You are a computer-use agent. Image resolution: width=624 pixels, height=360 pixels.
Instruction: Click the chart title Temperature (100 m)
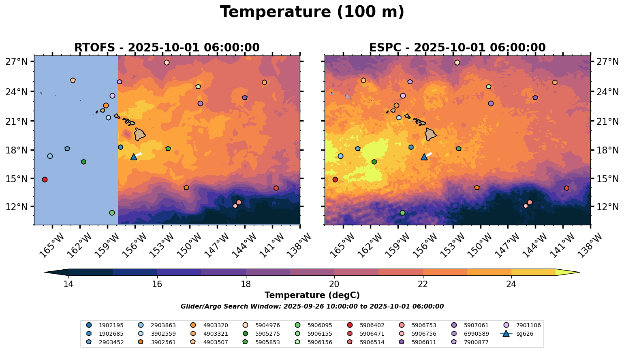pos(312,12)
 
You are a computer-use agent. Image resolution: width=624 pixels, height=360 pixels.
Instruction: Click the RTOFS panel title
pos(167,48)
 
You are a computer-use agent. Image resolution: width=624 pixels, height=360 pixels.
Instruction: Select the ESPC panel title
pos(457,48)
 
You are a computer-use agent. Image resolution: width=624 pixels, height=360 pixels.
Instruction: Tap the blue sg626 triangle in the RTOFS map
pos(134,157)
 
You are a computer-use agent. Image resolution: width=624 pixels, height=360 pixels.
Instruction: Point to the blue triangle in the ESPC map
pos(424,157)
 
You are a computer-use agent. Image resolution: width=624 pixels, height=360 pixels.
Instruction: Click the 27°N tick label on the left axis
pos(16,62)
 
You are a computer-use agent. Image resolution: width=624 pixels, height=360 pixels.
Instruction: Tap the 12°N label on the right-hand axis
pos(608,207)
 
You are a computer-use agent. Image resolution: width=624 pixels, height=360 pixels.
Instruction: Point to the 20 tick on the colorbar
pos(334,284)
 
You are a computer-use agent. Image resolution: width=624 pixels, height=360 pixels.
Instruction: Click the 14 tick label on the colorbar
pos(68,284)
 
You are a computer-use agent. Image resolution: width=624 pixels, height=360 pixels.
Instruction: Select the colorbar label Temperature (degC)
pos(312,296)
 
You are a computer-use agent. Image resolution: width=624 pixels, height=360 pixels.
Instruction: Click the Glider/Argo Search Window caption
pos(312,307)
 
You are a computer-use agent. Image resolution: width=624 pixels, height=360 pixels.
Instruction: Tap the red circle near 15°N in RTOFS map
pos(45,179)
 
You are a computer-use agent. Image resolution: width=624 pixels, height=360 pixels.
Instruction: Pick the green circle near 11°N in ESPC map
pos(402,213)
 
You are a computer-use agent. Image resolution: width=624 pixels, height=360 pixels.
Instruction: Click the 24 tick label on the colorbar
pos(511,284)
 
